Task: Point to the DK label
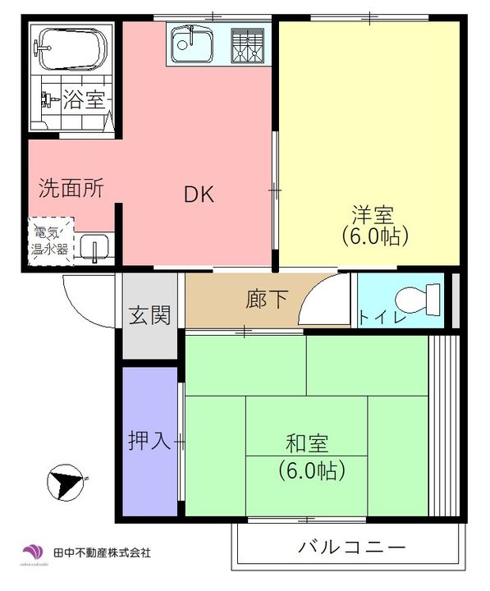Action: [x=199, y=195]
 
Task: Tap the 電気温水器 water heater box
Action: [x=51, y=239]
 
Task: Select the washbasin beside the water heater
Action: [x=96, y=245]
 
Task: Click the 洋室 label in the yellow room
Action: [x=373, y=215]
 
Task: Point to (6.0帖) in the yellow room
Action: [x=374, y=237]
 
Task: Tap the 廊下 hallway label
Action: [x=267, y=300]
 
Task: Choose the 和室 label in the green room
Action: [x=308, y=444]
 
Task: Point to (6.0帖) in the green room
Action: [x=309, y=470]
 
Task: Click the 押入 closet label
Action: [x=149, y=441]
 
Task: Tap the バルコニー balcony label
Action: [x=351, y=547]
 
